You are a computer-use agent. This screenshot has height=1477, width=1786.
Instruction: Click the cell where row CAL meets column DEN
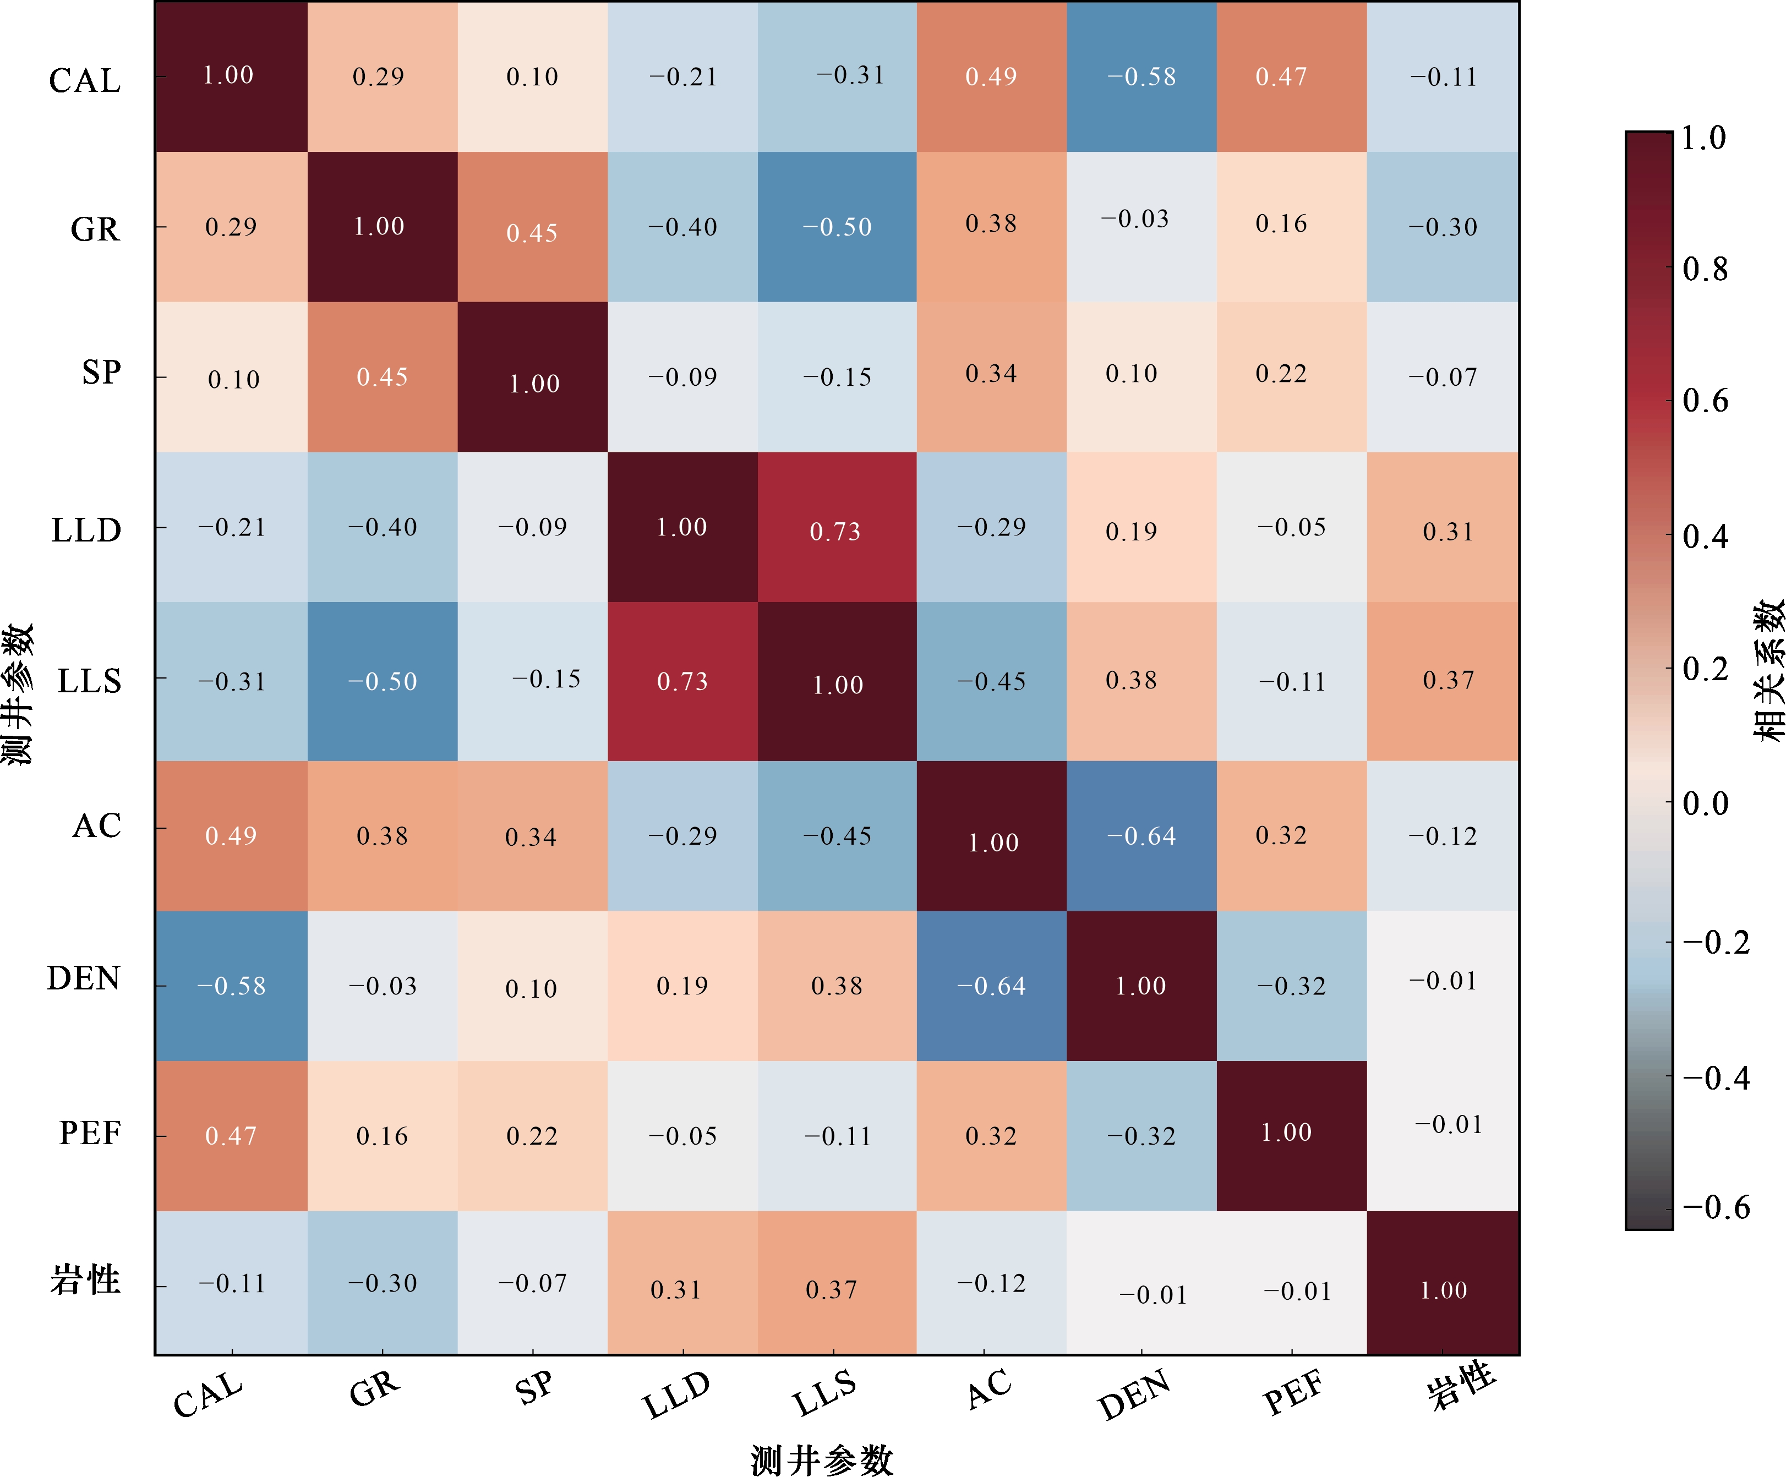coord(1141,76)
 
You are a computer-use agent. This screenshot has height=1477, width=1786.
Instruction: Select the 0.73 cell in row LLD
coord(836,527)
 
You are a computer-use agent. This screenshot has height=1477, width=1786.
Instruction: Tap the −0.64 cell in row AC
coord(1141,836)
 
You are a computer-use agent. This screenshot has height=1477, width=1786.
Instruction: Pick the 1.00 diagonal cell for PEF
coord(1291,1135)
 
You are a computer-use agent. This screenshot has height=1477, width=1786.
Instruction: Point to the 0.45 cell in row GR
coord(532,227)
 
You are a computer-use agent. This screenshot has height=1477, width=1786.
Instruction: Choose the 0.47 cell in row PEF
coord(231,1135)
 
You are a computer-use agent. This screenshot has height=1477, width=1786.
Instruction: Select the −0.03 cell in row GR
coord(1141,227)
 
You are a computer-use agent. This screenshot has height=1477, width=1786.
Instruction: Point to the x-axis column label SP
coord(534,1388)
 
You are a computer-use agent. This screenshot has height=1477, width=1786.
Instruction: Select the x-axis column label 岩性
coord(1460,1386)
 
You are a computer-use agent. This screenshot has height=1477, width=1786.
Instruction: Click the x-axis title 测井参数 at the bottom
coord(822,1459)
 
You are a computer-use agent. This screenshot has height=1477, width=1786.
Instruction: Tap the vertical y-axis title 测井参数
coord(17,693)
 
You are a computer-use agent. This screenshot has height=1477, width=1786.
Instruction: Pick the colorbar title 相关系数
coord(1767,670)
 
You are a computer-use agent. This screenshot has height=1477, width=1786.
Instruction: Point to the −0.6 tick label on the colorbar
coord(1716,1207)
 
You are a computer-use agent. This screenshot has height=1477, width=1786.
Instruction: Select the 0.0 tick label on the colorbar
coord(1705,803)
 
